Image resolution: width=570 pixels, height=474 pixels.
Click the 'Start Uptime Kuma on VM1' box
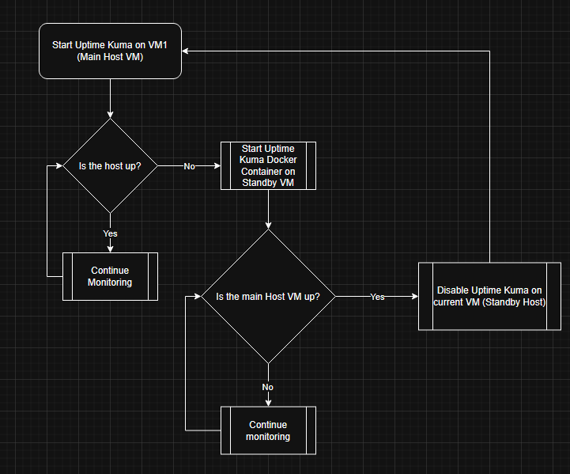[110, 51]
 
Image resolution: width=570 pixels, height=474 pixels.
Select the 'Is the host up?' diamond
[110, 166]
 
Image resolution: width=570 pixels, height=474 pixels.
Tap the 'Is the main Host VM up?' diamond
[267, 297]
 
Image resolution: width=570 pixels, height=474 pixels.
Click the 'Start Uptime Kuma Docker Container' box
[268, 166]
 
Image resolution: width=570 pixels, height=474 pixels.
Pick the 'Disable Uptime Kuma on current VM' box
[491, 297]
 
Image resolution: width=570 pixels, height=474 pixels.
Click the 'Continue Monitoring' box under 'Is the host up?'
[110, 276]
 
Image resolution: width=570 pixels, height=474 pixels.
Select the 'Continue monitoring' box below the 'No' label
[267, 430]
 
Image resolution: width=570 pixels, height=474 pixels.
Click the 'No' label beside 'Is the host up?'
[190, 166]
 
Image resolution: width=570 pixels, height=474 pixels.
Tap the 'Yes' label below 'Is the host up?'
[110, 233]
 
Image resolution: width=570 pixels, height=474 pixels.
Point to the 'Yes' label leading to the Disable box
[377, 297]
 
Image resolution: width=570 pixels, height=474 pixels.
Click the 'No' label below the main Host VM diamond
[267, 387]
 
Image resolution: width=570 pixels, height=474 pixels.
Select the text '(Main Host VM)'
[110, 57]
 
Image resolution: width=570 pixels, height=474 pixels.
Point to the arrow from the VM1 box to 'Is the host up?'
[110, 99]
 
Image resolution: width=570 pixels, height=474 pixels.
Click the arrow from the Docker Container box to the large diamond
[268, 210]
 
